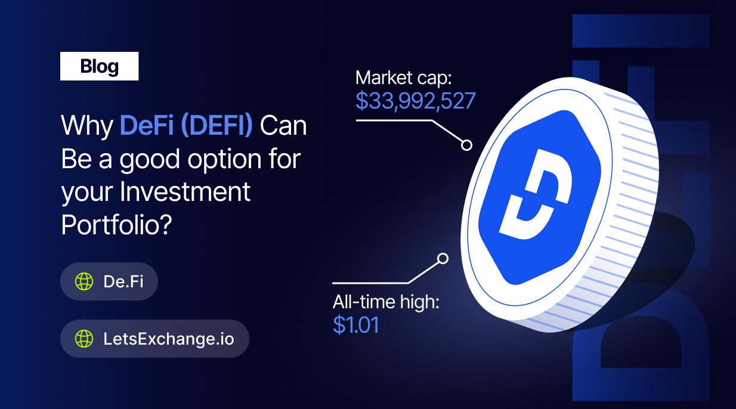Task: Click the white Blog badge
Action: [99, 66]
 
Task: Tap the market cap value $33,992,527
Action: [415, 101]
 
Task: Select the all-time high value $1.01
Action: [356, 324]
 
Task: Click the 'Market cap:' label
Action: [403, 78]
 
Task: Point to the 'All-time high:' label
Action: [386, 302]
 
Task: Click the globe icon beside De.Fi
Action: [84, 281]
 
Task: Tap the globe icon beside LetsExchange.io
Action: [84, 339]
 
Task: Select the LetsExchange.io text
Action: [169, 339]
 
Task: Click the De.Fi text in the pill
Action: [123, 281]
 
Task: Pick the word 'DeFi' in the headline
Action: [147, 125]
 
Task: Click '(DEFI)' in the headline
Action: [217, 125]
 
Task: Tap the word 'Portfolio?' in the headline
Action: [116, 225]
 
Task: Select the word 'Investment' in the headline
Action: [185, 191]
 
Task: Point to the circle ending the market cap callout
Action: [466, 145]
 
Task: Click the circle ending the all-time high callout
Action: [443, 259]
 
